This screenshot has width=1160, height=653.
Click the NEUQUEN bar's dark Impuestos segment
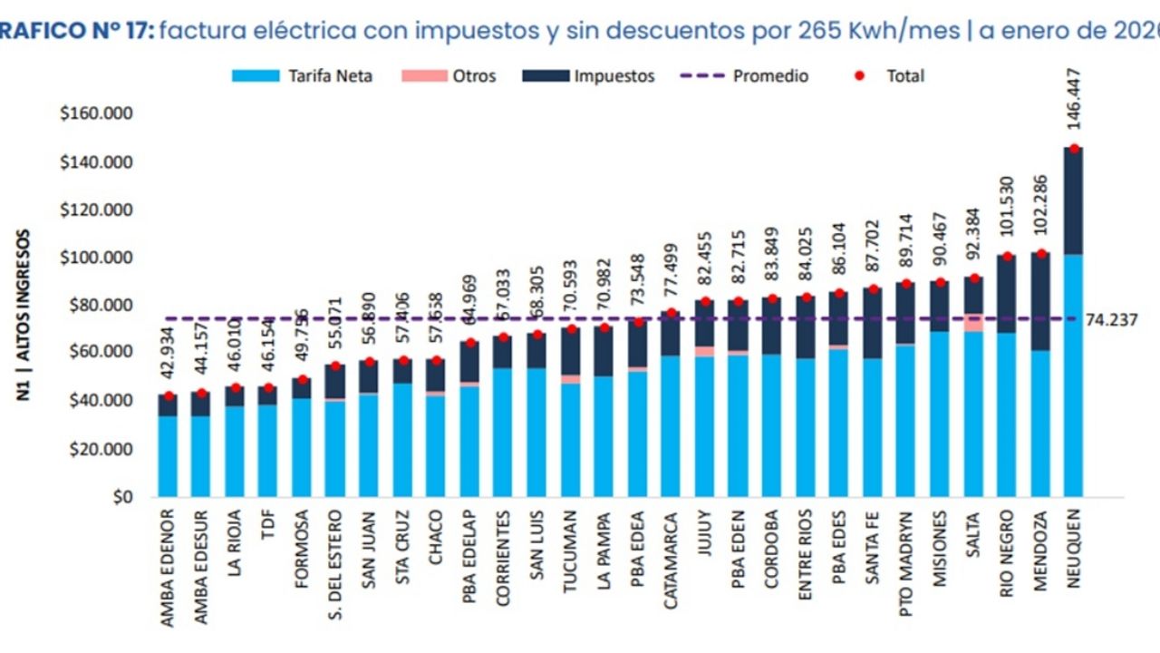(1073, 201)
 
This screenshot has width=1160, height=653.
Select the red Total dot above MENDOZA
(1041, 254)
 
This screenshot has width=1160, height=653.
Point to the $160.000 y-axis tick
(95, 114)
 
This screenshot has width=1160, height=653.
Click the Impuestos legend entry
(589, 76)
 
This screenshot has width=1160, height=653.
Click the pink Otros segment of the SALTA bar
(974, 323)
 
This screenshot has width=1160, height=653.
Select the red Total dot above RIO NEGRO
(1007, 257)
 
